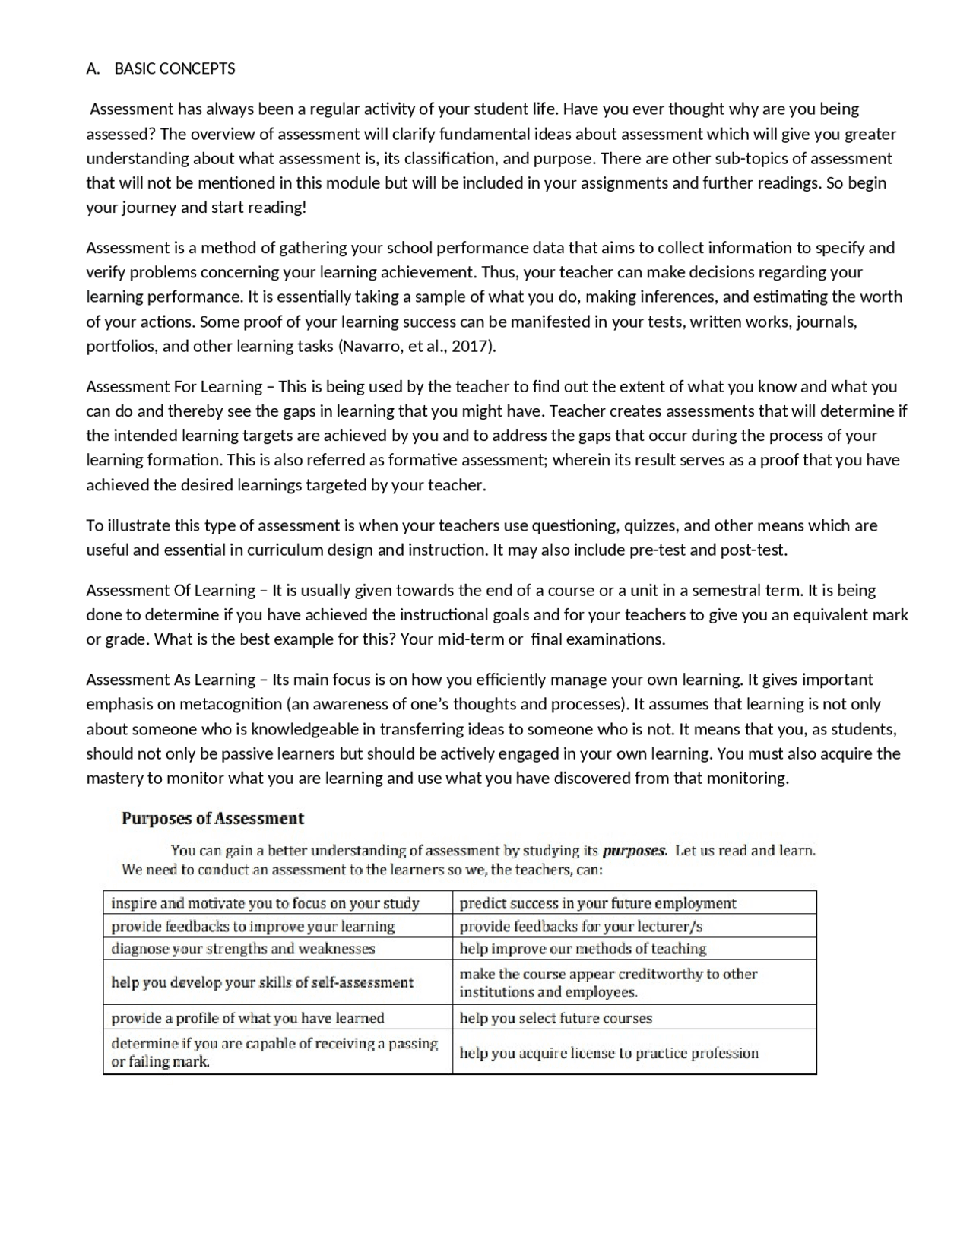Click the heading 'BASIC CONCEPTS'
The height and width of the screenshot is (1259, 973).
pos(175,69)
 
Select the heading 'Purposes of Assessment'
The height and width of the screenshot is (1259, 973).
pos(213,819)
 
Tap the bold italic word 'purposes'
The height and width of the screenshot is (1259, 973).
pos(635,851)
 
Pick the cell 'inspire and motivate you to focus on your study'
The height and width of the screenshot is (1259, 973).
pos(265,903)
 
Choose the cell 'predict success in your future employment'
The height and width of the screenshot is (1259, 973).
pos(597,903)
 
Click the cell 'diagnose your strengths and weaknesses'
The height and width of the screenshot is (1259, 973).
pos(243,949)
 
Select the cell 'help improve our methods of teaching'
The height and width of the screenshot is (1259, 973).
pos(583,949)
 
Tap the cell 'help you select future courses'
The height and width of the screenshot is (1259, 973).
pos(556,1018)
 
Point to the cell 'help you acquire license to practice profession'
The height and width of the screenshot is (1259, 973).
pos(609,1053)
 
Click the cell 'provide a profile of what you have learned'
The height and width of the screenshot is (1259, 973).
pos(248,1018)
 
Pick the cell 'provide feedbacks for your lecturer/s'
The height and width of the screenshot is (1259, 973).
pos(581,927)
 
